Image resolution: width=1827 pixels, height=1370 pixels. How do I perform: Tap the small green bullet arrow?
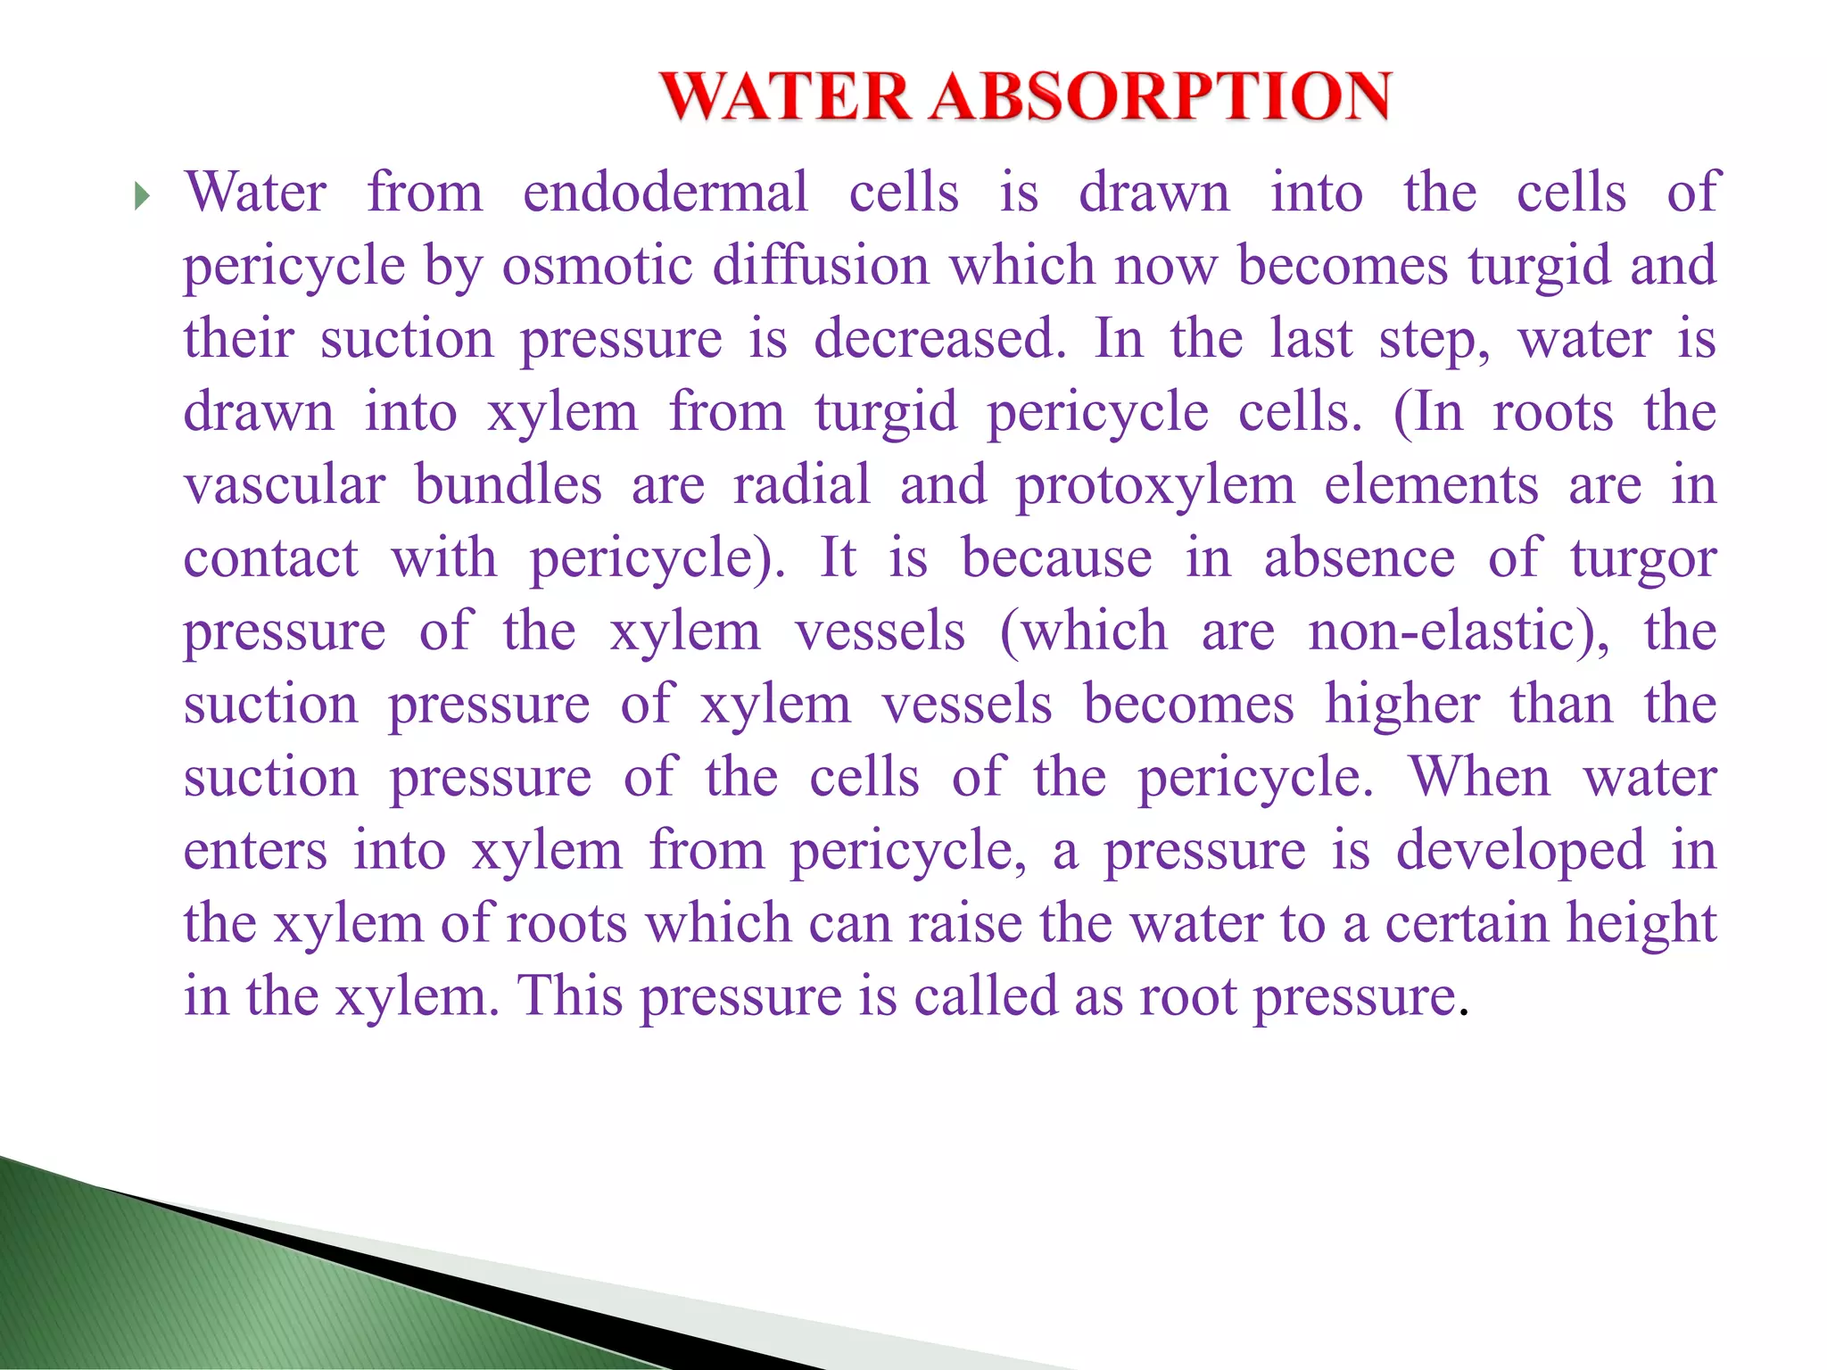142,195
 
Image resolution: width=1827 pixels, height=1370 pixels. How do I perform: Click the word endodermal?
665,193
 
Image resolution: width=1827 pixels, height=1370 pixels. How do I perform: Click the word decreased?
939,339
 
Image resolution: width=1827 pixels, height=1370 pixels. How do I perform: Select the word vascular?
285,485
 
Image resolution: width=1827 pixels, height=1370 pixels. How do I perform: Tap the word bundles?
508,485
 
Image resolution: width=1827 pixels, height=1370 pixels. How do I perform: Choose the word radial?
801,485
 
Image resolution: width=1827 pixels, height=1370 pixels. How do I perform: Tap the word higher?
1402,705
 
